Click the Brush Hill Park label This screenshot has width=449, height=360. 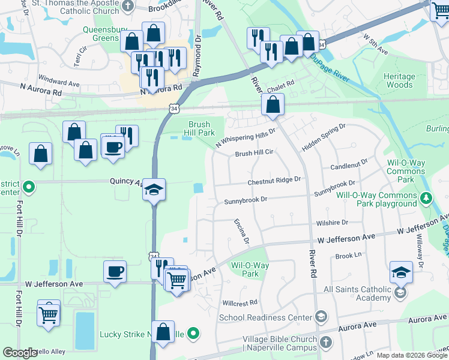coord(198,128)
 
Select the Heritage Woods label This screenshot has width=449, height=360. coord(399,80)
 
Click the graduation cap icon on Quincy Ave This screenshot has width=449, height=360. coord(154,191)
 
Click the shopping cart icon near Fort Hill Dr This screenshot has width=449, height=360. coord(49,313)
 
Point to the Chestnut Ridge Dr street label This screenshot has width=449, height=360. coord(274,179)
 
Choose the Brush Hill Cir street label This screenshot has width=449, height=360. coord(254,153)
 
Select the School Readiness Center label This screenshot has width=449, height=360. coord(265,317)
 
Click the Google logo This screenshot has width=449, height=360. coord(20,353)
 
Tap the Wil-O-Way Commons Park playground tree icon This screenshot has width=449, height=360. coord(426,197)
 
